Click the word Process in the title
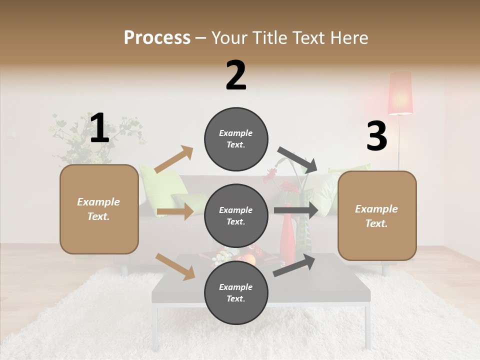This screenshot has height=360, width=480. (157, 37)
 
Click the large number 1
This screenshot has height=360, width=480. (99, 128)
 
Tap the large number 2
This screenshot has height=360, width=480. (236, 75)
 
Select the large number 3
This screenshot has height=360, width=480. (376, 136)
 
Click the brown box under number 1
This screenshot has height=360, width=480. (99, 209)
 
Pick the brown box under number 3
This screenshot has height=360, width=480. (377, 215)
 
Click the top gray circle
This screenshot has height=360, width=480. (236, 139)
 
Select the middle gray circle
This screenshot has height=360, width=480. (236, 215)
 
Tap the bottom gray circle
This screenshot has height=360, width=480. (236, 292)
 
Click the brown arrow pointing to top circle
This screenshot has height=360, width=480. (174, 159)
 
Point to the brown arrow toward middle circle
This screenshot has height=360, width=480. (175, 211)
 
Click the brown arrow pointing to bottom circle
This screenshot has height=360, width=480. (175, 266)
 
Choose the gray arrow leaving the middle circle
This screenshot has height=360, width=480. (295, 210)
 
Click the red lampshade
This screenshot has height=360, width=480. (400, 93)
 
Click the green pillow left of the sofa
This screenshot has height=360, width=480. (160, 187)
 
